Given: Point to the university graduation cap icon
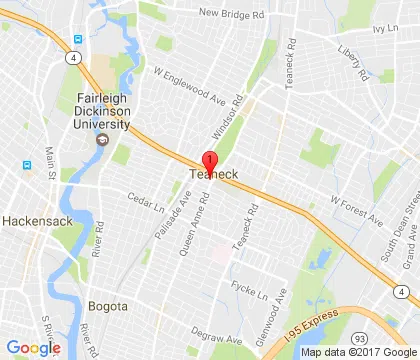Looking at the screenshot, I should [101, 139].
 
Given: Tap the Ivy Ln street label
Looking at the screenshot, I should [385, 30].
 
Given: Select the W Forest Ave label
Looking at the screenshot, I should [356, 209].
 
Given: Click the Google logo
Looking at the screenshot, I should [33, 347].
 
